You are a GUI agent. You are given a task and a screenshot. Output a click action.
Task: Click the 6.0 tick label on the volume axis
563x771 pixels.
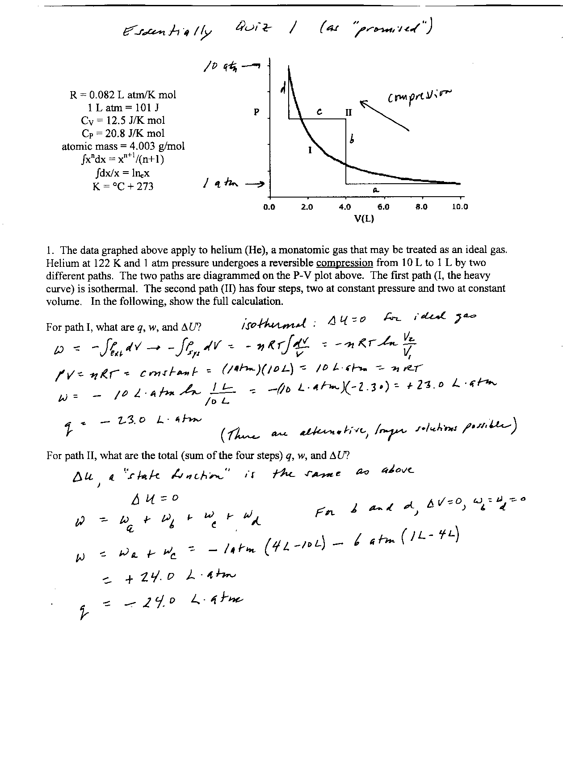[x=383, y=207]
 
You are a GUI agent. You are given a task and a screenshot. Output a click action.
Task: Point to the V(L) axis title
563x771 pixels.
[x=364, y=219]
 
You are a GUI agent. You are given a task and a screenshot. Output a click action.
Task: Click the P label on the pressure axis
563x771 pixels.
[x=256, y=112]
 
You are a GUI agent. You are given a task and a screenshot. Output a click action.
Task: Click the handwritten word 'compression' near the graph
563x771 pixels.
[x=420, y=95]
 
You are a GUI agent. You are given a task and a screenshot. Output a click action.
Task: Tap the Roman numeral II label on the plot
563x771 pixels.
[x=349, y=112]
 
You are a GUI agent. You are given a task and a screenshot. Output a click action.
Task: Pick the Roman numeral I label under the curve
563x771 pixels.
[x=310, y=151]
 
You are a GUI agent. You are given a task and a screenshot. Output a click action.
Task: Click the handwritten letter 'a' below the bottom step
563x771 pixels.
[x=376, y=190]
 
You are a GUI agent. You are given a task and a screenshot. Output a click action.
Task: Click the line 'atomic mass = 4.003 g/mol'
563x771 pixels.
[x=123, y=146]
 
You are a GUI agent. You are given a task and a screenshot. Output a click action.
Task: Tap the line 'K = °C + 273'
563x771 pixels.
[x=123, y=186]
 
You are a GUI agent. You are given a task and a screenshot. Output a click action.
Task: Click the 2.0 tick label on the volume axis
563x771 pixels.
[x=307, y=207]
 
